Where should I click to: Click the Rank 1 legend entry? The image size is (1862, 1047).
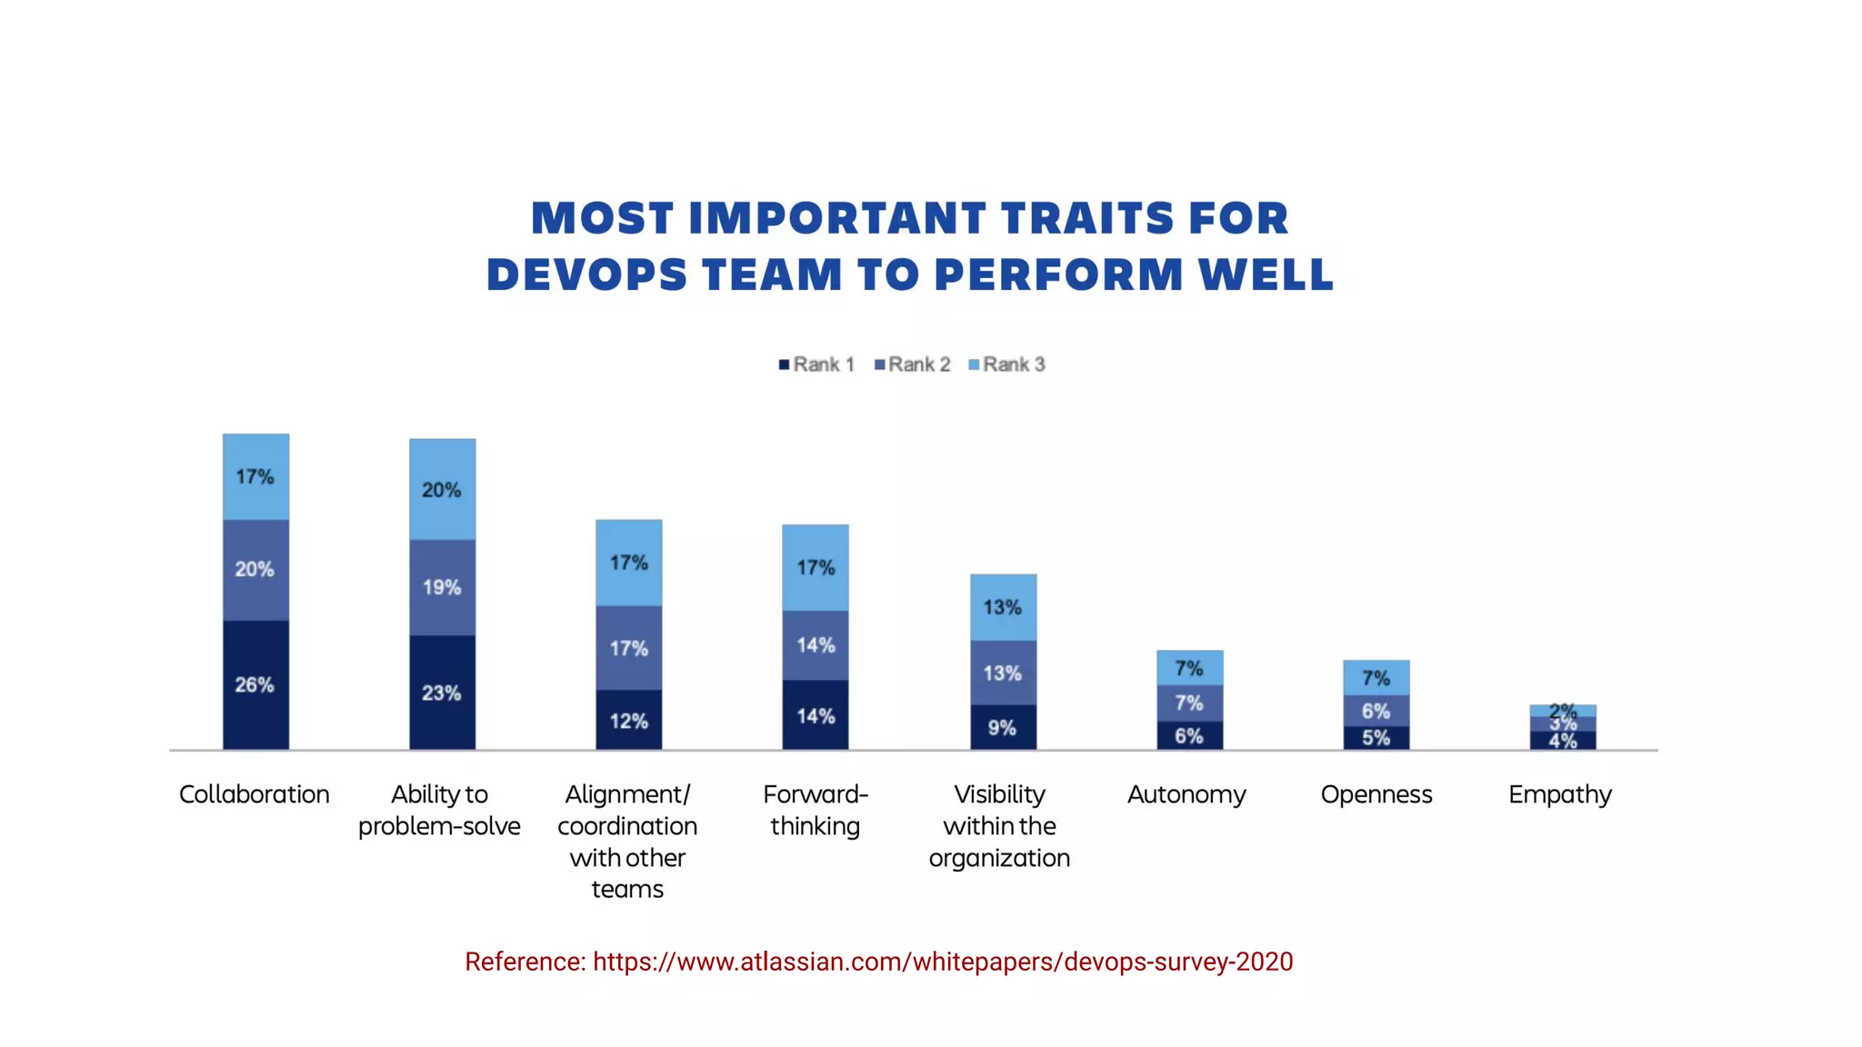coord(816,364)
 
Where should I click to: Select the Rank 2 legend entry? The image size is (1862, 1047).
coord(912,364)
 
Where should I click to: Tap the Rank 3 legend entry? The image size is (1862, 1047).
coord(1007,364)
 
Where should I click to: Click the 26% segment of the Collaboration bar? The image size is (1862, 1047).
coord(255,684)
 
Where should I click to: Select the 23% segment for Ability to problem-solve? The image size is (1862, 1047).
coord(442,693)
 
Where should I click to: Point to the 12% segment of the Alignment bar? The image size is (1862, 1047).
coord(628,720)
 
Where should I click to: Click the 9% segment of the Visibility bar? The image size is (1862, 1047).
coord(1002,727)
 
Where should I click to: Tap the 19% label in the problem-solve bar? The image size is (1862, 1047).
coord(442,587)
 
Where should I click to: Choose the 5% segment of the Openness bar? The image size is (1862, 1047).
coord(1376,737)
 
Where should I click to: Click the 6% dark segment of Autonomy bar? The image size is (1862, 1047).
coord(1189,735)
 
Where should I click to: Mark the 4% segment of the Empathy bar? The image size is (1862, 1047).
coord(1562,741)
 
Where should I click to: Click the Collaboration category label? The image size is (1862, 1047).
coord(255,794)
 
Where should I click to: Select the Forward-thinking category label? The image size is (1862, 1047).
coord(816,810)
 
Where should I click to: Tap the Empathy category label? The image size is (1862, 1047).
coord(1559,794)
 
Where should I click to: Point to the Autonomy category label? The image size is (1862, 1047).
coord(1186,794)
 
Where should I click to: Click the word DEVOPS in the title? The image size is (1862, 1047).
coord(586,274)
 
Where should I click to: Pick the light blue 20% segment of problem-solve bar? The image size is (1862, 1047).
coord(442,489)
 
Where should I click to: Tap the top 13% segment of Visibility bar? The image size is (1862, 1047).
coord(1003,606)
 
